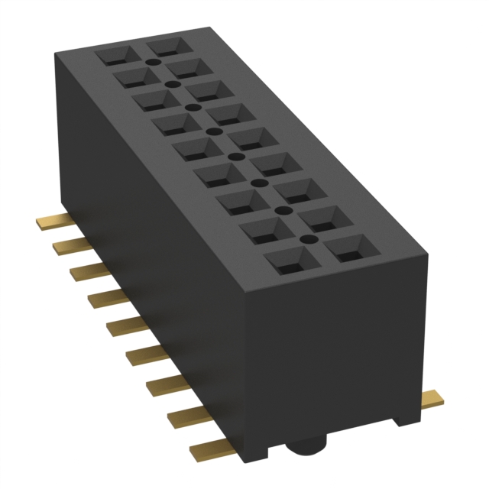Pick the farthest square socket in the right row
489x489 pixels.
point(167,47)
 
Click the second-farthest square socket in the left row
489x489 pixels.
point(134,76)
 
